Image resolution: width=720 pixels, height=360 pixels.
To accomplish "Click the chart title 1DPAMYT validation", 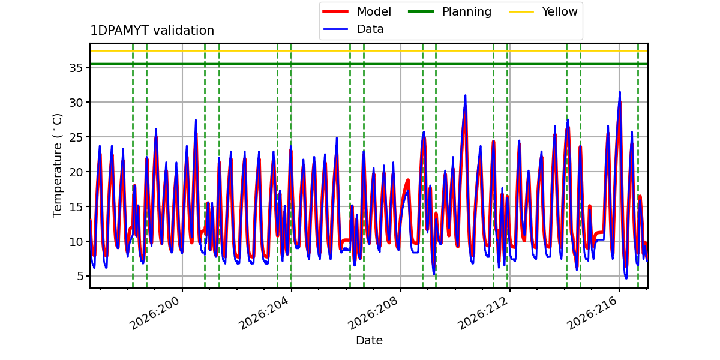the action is point(152,31).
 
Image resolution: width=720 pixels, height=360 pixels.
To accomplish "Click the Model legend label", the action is point(374,11).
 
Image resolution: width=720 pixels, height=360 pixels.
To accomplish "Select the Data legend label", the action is point(370,29).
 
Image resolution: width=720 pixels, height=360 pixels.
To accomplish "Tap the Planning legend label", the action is point(467,12).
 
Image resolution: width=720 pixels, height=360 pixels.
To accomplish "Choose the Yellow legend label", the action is point(560,11).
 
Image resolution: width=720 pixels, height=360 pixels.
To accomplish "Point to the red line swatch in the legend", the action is point(335,11).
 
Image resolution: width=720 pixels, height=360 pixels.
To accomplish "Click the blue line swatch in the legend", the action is point(335,29).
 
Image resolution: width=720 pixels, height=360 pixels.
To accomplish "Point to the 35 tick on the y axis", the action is point(76,68).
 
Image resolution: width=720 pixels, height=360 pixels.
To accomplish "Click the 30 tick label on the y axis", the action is point(76,103).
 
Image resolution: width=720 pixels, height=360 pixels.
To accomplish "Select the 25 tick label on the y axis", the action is point(76,137).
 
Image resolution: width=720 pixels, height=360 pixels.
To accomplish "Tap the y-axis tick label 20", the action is point(76,172).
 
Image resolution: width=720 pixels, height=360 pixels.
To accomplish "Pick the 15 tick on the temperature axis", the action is point(76,206).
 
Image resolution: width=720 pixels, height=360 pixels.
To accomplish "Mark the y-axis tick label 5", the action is point(80,276).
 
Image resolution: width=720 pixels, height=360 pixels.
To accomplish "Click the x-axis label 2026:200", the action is point(155,313).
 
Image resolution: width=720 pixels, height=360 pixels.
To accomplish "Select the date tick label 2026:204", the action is point(264,313).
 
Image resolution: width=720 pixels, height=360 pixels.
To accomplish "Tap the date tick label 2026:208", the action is point(373,313).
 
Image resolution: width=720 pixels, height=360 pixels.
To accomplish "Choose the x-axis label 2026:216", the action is point(592,313).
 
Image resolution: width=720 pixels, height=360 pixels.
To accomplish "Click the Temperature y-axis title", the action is point(57,166).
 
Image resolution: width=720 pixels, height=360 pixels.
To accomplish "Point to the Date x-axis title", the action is point(369,340).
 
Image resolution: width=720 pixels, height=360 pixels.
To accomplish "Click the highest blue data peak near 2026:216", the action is point(620,92).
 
